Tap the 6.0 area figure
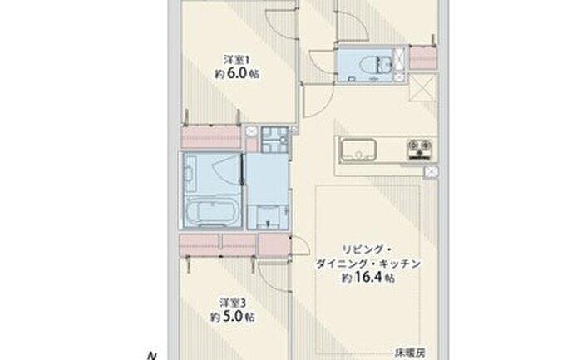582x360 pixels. point(236,73)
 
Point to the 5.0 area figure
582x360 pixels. point(232,317)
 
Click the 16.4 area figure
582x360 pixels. point(368,277)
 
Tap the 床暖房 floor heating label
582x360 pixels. point(409,353)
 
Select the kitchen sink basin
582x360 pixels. point(358,150)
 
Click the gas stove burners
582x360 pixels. point(419,149)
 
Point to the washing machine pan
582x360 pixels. point(274,139)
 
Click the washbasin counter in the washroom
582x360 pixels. point(269,217)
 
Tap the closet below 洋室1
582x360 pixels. point(211,136)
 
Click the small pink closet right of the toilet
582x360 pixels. point(423,57)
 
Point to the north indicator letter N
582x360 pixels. point(151,357)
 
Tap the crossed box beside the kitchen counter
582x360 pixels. point(431,172)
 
